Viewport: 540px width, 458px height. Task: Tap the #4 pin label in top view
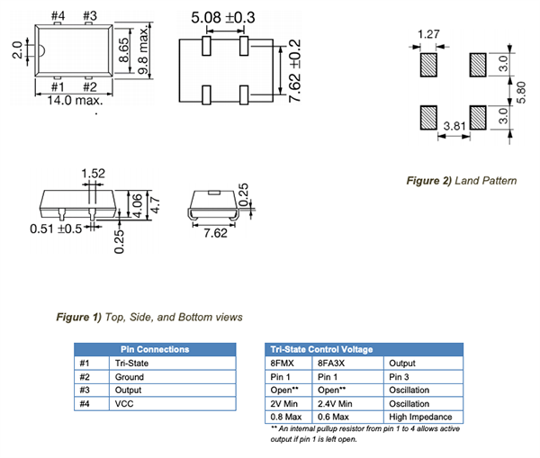point(58,16)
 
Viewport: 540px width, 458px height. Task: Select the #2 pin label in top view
point(90,87)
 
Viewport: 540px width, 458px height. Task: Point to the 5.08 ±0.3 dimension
point(224,17)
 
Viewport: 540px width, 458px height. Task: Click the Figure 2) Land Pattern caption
point(462,181)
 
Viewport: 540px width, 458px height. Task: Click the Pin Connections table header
point(155,349)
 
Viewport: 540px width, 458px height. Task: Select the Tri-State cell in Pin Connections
point(135,363)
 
